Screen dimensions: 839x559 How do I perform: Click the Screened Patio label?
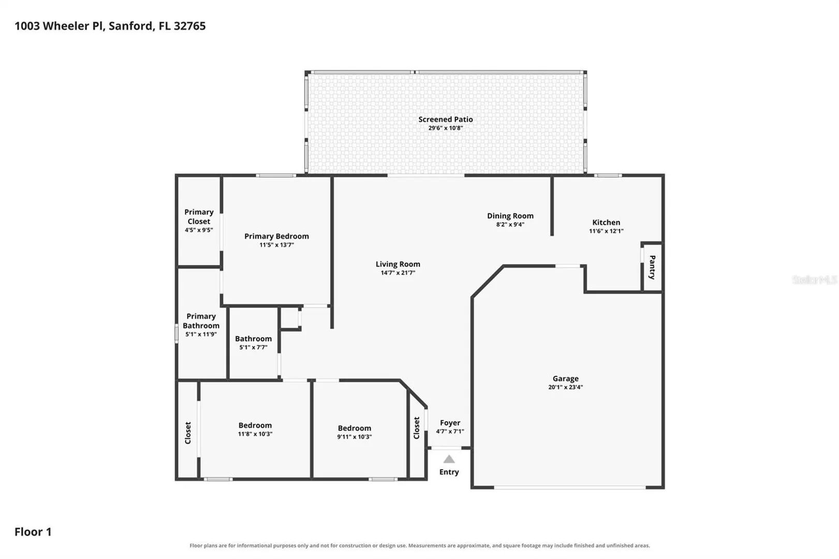pyautogui.click(x=445, y=120)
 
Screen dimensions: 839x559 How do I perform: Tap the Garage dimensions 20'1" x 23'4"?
pyautogui.click(x=566, y=387)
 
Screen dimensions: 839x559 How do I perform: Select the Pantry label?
pyautogui.click(x=652, y=267)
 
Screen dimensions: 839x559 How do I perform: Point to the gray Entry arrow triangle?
pyautogui.click(x=449, y=459)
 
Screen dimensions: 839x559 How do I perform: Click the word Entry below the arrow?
pyautogui.click(x=449, y=472)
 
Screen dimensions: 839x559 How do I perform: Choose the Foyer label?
pyautogui.click(x=450, y=423)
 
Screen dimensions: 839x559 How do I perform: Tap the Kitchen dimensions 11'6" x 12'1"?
pyautogui.click(x=606, y=231)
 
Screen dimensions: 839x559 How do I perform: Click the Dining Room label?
pyautogui.click(x=510, y=216)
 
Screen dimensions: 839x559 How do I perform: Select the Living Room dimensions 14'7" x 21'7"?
pyautogui.click(x=398, y=273)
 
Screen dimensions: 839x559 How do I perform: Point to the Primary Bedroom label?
pyautogui.click(x=276, y=236)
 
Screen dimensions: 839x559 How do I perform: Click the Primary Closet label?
pyautogui.click(x=199, y=216)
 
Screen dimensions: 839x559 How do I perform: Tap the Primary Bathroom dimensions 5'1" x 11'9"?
pyautogui.click(x=201, y=334)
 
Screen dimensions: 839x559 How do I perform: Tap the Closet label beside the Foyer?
pyautogui.click(x=416, y=428)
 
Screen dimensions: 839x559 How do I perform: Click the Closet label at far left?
pyautogui.click(x=188, y=433)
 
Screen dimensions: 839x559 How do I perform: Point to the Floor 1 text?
pyautogui.click(x=33, y=532)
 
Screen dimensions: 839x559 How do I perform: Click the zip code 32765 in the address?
pyautogui.click(x=189, y=26)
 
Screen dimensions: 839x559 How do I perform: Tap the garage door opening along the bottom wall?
pyautogui.click(x=570, y=488)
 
